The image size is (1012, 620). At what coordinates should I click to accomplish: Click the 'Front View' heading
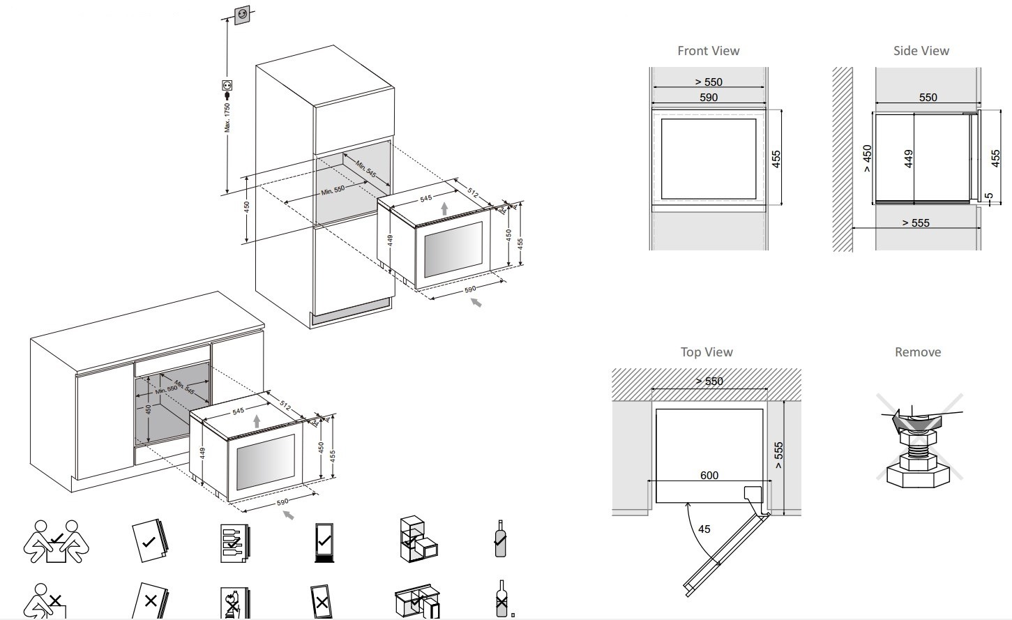pyautogui.click(x=708, y=51)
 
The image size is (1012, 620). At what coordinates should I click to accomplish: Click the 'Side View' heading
pyautogui.click(x=921, y=51)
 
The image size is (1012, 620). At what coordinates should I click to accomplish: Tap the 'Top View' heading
pyautogui.click(x=707, y=352)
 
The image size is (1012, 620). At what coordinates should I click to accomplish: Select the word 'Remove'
pyautogui.click(x=917, y=352)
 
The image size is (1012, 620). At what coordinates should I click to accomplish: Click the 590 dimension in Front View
pyautogui.click(x=709, y=98)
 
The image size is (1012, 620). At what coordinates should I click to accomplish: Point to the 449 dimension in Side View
pyautogui.click(x=909, y=159)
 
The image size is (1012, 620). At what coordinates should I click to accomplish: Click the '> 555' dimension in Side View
pyautogui.click(x=915, y=223)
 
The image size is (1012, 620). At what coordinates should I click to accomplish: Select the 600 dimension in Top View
pyautogui.click(x=709, y=476)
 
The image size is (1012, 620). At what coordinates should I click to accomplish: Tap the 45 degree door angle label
pyautogui.click(x=704, y=529)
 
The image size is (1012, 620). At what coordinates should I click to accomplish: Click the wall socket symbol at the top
pyautogui.click(x=242, y=13)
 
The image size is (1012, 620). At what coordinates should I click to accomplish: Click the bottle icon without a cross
pyautogui.click(x=499, y=538)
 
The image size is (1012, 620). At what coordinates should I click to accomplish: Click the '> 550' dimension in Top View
pyautogui.click(x=709, y=381)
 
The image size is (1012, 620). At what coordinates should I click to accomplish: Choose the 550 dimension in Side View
pyautogui.click(x=928, y=98)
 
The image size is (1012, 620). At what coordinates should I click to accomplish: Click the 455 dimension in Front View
pyautogui.click(x=776, y=159)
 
